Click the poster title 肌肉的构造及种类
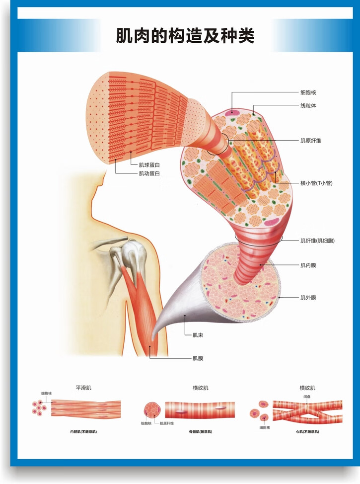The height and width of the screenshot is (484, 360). (x=185, y=36)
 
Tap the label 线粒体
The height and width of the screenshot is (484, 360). (x=308, y=106)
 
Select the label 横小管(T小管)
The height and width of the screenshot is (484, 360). (x=316, y=183)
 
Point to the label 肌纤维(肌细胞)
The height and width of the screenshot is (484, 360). (x=317, y=241)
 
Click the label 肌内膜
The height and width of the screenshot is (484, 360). (x=308, y=265)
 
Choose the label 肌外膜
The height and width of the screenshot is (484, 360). (x=308, y=298)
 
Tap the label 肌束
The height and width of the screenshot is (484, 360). (x=198, y=335)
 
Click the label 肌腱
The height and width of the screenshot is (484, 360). (x=198, y=358)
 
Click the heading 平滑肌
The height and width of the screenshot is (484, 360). (x=83, y=387)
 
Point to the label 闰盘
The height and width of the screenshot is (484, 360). (x=307, y=397)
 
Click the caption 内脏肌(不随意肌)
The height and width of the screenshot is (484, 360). (x=83, y=432)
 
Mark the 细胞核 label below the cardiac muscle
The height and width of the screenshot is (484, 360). (x=264, y=427)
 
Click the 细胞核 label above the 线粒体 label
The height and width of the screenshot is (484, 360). (x=308, y=92)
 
